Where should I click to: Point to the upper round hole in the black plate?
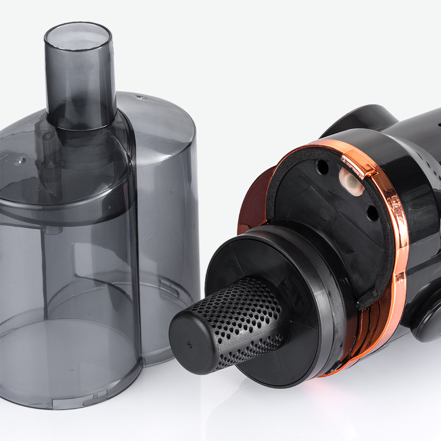coord(322,167)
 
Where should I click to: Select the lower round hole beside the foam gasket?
coord(373,213)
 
